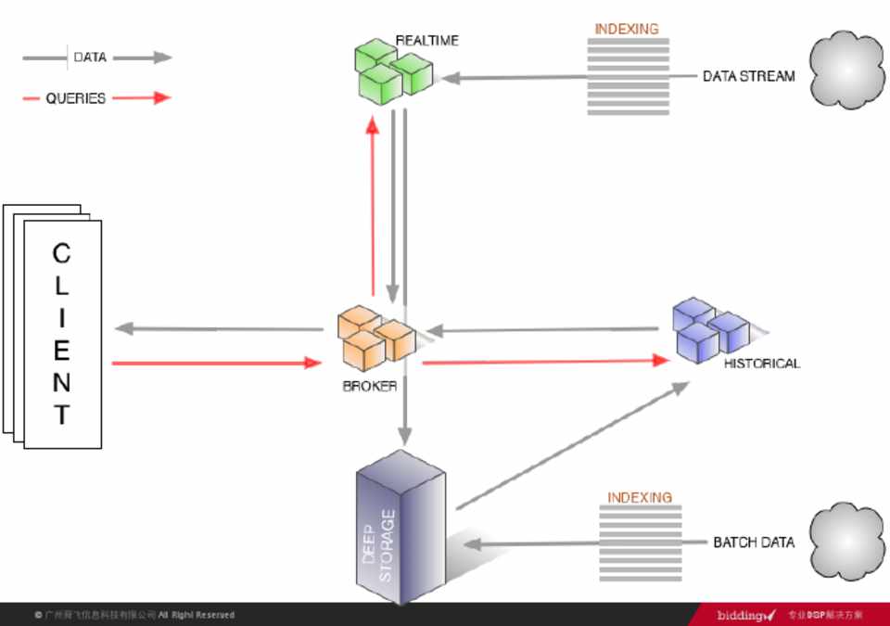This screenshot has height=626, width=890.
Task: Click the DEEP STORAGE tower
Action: coord(400,529)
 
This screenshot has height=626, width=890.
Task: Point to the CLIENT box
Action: coord(61,334)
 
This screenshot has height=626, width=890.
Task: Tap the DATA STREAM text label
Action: coord(748,77)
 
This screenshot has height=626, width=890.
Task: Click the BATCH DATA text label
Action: coord(753,543)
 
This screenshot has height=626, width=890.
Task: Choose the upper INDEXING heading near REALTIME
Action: coord(627,29)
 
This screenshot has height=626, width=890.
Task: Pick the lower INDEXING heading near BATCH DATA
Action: coord(640,498)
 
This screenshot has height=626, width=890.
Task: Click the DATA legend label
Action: coord(90,57)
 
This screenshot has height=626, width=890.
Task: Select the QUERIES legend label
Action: coord(76,98)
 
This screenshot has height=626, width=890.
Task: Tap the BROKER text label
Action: coord(370,387)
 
